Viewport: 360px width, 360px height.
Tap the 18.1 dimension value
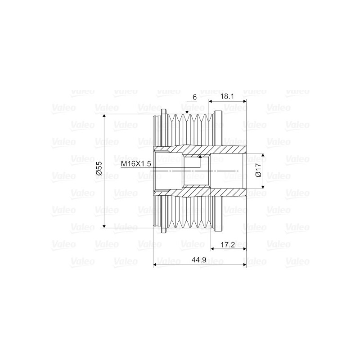(x=227, y=96)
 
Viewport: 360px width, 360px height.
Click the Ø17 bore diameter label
(x=258, y=170)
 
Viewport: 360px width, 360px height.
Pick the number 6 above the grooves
(x=194, y=97)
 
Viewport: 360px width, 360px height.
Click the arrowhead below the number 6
(x=187, y=112)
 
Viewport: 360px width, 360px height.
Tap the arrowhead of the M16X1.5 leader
(x=199, y=157)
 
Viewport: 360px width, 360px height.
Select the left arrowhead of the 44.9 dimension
(x=156, y=265)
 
